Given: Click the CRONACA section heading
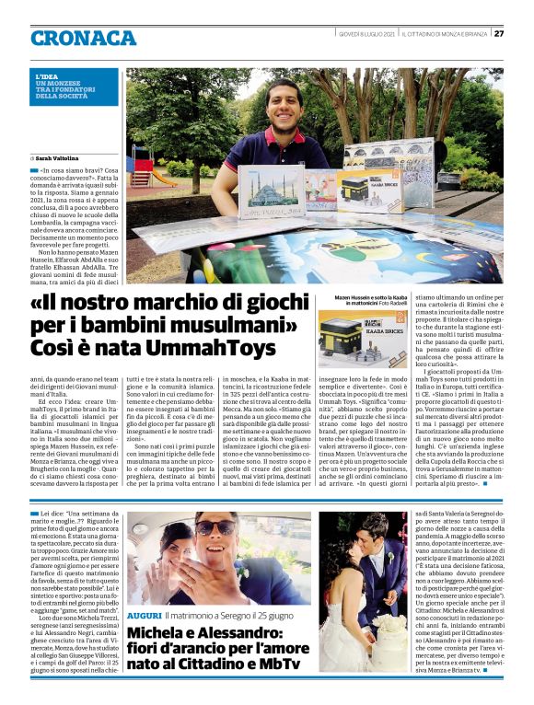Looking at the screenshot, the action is (x=83, y=38).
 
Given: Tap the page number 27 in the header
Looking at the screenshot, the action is (x=498, y=33).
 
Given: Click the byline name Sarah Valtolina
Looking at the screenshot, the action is (x=64, y=159).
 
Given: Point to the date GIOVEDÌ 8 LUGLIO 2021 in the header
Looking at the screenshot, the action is (x=365, y=33).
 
